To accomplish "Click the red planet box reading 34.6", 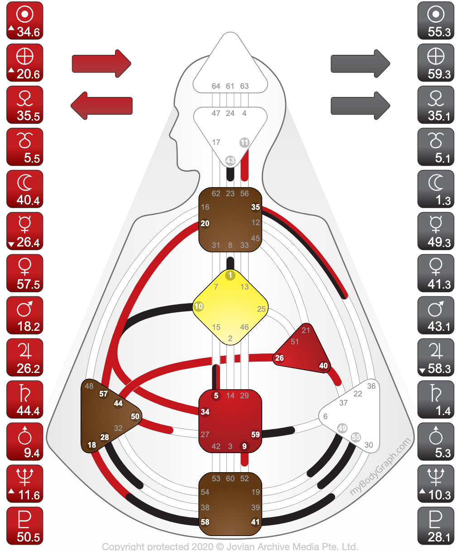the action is pyautogui.click(x=25, y=20).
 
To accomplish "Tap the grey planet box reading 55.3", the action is pyautogui.click(x=436, y=20).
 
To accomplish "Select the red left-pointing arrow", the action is pyautogui.click(x=101, y=106).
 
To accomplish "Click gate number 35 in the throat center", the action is pyautogui.click(x=255, y=207).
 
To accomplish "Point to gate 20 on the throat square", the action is pyautogui.click(x=205, y=223).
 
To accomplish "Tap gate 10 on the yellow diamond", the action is pyautogui.click(x=198, y=306).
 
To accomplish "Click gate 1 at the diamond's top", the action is pyautogui.click(x=230, y=275).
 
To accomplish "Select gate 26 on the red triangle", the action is pyautogui.click(x=279, y=358).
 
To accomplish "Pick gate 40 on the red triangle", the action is pyautogui.click(x=323, y=366).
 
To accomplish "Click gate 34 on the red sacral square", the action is pyautogui.click(x=205, y=412).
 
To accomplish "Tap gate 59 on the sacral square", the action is pyautogui.click(x=255, y=435).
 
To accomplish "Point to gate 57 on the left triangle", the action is pyautogui.click(x=103, y=394).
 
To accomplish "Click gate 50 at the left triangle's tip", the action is pyautogui.click(x=135, y=416).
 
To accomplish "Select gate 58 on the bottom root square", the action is pyautogui.click(x=205, y=522).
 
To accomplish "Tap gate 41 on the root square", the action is pyautogui.click(x=255, y=522).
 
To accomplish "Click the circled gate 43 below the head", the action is pyautogui.click(x=230, y=160).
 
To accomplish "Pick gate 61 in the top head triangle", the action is pyautogui.click(x=230, y=86).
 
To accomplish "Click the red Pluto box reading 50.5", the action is pyautogui.click(x=25, y=526).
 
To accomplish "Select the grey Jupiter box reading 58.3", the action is pyautogui.click(x=436, y=358).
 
